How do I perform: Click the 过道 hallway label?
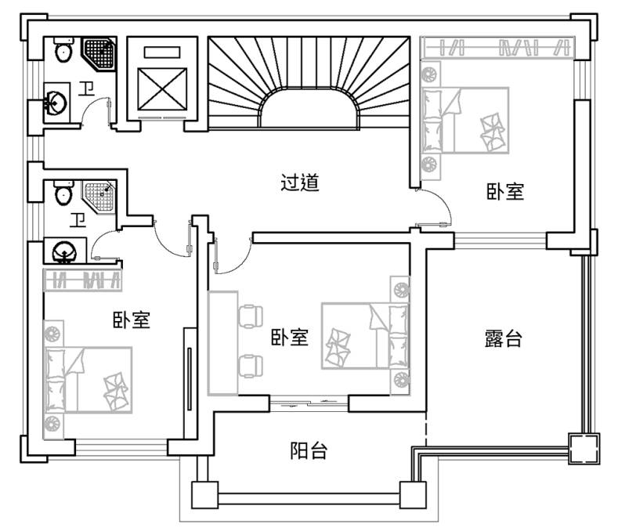(300, 183)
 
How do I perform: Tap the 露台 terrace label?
(502, 339)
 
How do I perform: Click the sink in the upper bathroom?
(56, 103)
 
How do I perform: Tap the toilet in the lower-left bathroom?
(62, 193)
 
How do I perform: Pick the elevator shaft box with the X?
(163, 87)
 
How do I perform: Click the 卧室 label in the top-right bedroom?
(504, 192)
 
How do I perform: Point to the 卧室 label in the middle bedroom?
(289, 338)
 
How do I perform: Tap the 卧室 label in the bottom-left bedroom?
(131, 320)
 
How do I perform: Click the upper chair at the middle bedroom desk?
(251, 314)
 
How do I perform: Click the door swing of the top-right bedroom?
(435, 208)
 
